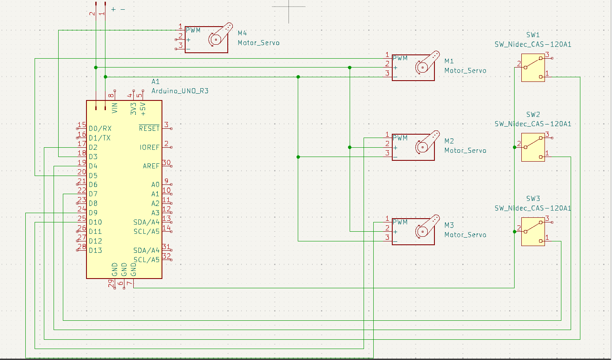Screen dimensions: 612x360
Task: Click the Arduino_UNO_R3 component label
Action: tap(180, 91)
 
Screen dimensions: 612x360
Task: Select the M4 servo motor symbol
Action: tap(207, 39)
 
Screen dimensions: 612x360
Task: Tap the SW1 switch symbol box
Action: tap(533, 68)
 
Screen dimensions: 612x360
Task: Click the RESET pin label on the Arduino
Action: tap(149, 128)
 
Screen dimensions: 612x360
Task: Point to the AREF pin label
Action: tap(151, 166)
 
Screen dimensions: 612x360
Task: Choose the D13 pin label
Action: tap(95, 250)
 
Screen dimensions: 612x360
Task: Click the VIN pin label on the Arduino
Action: tap(115, 108)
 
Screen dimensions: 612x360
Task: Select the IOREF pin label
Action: tap(149, 147)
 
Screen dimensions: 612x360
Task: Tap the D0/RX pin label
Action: tap(100, 128)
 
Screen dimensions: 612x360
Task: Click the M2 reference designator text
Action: tap(449, 141)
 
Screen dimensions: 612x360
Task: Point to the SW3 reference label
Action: tap(533, 198)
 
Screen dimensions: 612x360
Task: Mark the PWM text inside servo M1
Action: tap(400, 58)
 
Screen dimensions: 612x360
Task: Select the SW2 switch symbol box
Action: tap(533, 147)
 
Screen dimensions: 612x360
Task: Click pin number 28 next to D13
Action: tap(82, 246)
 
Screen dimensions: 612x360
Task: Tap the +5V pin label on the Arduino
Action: tap(143, 109)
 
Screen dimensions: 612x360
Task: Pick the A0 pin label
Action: tap(155, 184)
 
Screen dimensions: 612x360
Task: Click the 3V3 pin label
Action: tap(133, 109)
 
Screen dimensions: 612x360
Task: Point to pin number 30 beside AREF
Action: tap(166, 162)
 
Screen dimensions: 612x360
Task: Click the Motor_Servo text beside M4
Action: tap(259, 43)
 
